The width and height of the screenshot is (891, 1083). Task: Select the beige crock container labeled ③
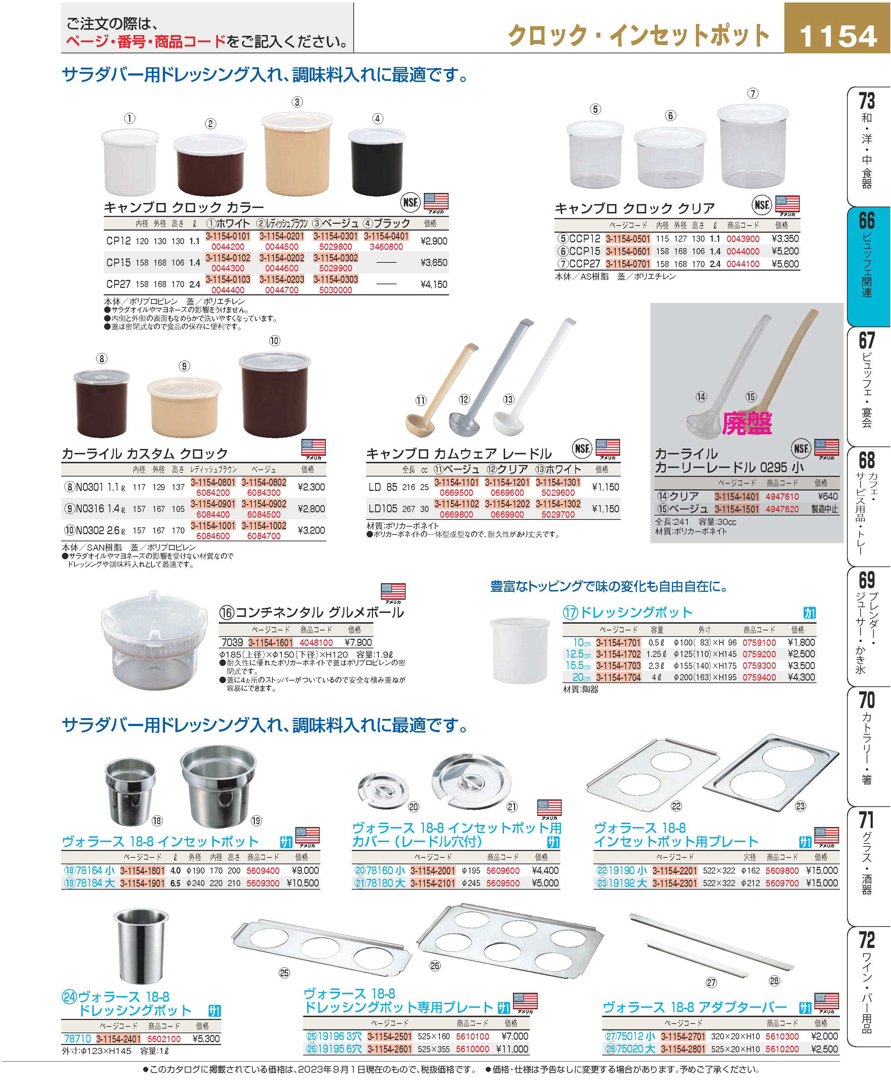tap(297, 155)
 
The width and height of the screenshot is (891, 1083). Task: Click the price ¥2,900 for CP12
tap(434, 241)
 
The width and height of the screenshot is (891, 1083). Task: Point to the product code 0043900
tap(743, 239)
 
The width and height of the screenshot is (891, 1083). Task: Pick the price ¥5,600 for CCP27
tap(785, 264)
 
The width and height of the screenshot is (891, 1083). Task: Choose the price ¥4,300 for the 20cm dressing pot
tap(801, 677)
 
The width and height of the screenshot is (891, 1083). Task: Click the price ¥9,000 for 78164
tap(305, 870)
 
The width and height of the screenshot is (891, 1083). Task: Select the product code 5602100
tap(164, 1038)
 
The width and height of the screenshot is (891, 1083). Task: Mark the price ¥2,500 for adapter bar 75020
tap(824, 1049)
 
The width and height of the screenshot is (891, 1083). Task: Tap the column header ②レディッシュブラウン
tap(282, 223)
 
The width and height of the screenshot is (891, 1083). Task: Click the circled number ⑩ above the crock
tap(275, 341)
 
